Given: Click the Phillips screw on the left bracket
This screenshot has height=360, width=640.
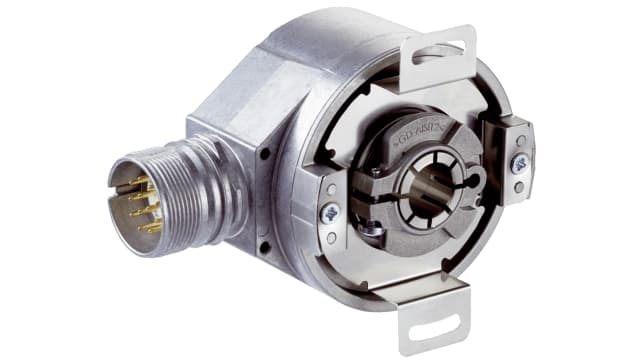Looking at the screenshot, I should pyautogui.click(x=329, y=214).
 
